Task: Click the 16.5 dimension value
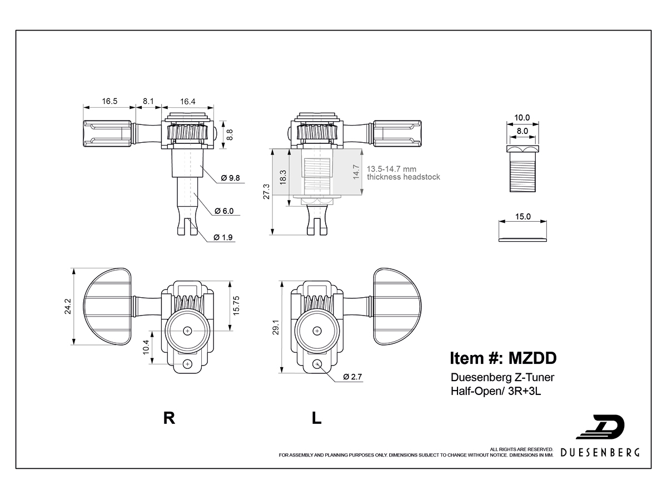109,101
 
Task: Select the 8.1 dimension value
148,101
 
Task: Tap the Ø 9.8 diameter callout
230,178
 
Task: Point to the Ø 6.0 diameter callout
224,211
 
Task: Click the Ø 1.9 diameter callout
223,237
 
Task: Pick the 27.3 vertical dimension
266,192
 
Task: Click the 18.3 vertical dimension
283,177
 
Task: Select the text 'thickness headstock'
403,177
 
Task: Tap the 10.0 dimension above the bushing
522,117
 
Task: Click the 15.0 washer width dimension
522,217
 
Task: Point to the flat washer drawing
522,239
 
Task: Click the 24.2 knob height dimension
67,306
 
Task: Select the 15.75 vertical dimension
236,306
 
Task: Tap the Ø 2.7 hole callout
352,377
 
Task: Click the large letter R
170,418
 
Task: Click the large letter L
316,418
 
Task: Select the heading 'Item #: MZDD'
503,358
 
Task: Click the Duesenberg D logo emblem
601,427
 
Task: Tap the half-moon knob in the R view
107,306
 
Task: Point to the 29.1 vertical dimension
276,327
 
